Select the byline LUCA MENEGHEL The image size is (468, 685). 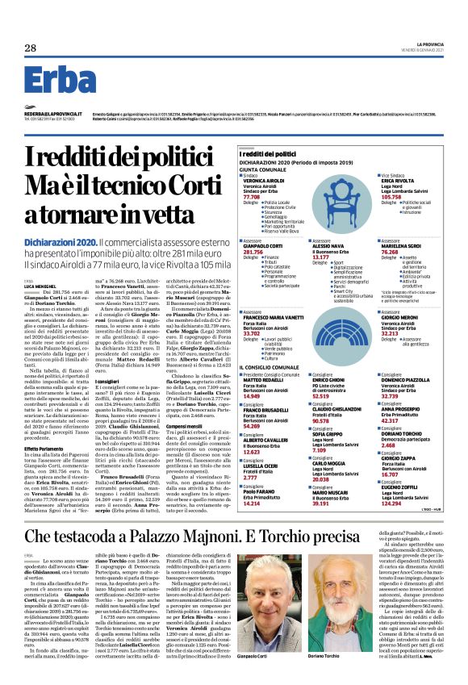click(38, 286)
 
